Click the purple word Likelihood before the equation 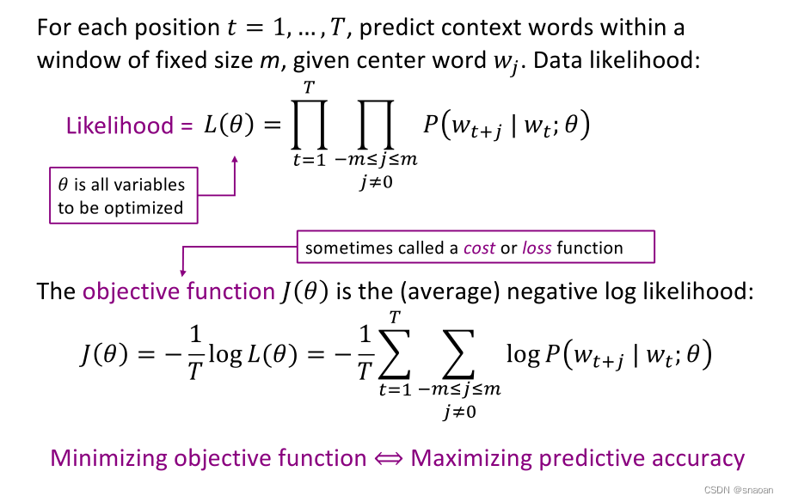(120, 125)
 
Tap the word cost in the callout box (479, 248)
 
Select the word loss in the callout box (537, 248)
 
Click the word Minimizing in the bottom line (109, 458)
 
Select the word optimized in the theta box (150, 207)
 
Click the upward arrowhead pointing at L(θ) (235, 158)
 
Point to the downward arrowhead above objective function (183, 273)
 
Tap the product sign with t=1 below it (310, 127)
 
